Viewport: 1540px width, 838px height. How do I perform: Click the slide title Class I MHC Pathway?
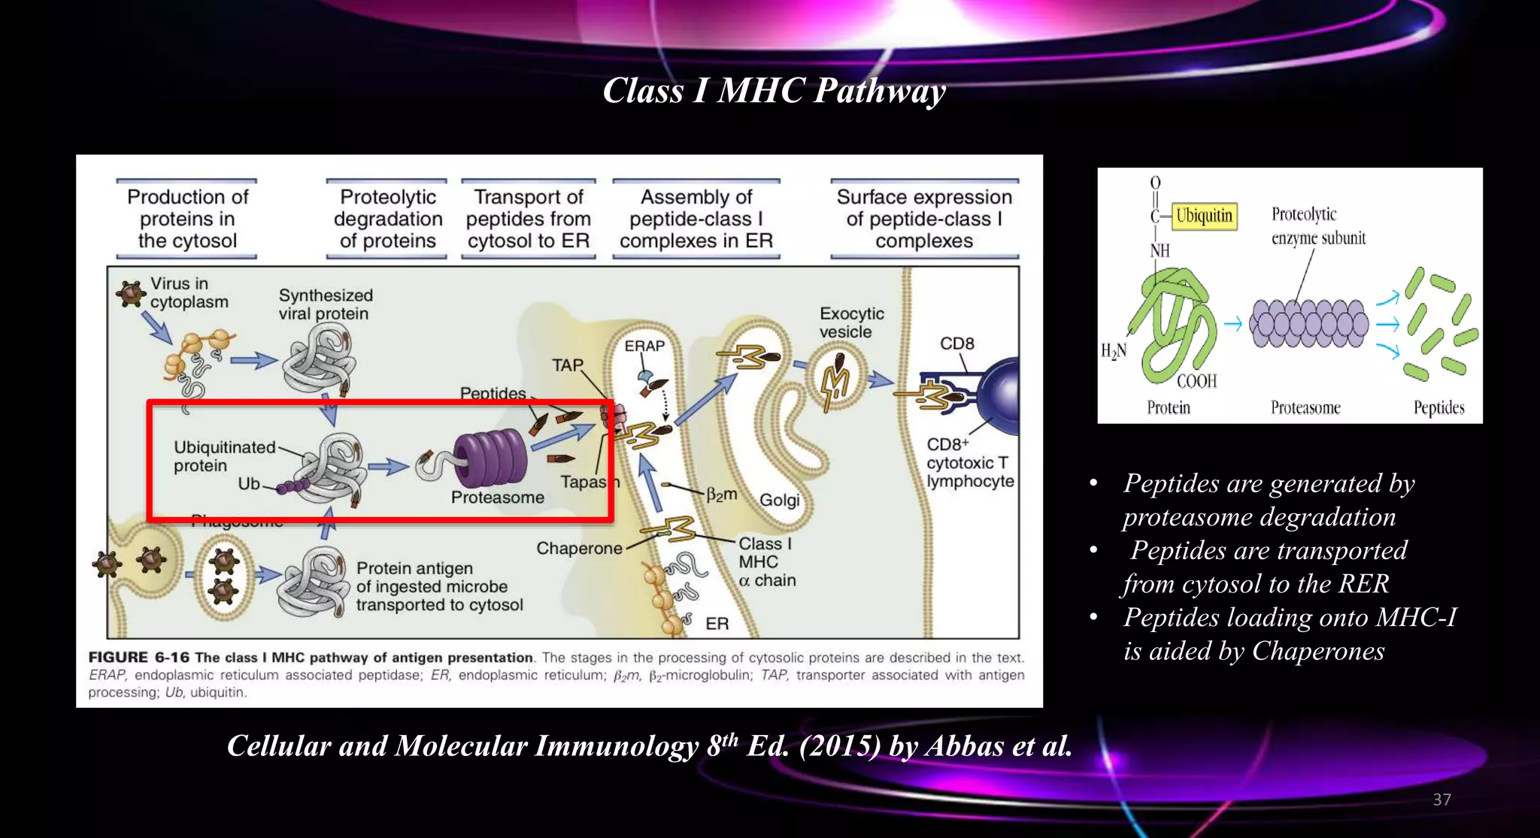tap(774, 91)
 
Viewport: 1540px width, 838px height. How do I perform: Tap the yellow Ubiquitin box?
tap(1204, 216)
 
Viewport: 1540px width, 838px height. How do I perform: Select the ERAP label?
tap(644, 346)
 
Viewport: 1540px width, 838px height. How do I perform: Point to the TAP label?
tap(567, 365)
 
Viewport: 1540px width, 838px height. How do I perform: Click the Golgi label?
tap(779, 500)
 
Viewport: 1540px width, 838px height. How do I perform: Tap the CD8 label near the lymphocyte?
tap(956, 343)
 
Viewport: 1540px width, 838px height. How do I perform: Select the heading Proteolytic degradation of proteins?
tap(387, 219)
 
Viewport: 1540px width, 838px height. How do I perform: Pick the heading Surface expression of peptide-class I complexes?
tap(924, 219)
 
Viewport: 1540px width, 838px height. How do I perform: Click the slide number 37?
tap(1441, 800)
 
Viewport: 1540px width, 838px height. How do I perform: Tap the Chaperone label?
tap(579, 549)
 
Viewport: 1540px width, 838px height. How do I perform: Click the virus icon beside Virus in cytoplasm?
tap(131, 293)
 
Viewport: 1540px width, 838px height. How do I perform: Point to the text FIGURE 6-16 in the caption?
tap(139, 658)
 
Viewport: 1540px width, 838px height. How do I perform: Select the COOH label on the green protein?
tap(1196, 381)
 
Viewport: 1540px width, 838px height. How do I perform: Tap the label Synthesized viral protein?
tap(326, 304)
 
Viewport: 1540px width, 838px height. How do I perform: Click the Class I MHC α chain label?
tap(766, 562)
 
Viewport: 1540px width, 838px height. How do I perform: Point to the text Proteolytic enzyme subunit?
tap(1317, 226)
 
